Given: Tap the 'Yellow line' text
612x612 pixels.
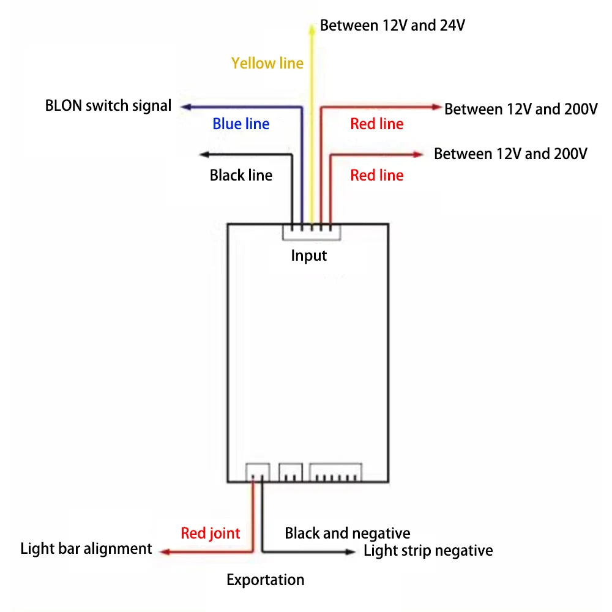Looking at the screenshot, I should tap(267, 63).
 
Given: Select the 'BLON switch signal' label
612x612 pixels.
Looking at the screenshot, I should tap(108, 106).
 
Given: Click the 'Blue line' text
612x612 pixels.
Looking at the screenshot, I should tap(241, 124).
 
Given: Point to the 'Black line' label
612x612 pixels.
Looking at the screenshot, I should tap(241, 176).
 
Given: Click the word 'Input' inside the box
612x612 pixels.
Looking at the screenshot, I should tap(309, 255).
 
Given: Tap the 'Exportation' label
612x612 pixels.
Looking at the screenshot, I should tap(266, 580).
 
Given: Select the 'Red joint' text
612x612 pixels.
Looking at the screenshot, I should tap(211, 534).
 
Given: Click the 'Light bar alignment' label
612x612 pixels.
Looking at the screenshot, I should tap(86, 548).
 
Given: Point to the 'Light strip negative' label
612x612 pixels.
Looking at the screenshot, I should tap(428, 551).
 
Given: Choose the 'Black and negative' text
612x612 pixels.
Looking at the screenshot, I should tap(348, 534).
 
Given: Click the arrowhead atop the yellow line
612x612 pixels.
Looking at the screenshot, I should tap(312, 25).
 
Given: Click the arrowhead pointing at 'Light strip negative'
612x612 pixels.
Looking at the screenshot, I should tap(351, 551).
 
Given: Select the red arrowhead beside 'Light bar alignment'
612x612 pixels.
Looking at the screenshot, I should tap(164, 551).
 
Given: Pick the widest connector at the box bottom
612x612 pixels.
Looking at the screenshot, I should tap(335, 472).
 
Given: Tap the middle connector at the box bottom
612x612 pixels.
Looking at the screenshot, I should tap(291, 472).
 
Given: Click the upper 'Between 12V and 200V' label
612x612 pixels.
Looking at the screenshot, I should tap(521, 110).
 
